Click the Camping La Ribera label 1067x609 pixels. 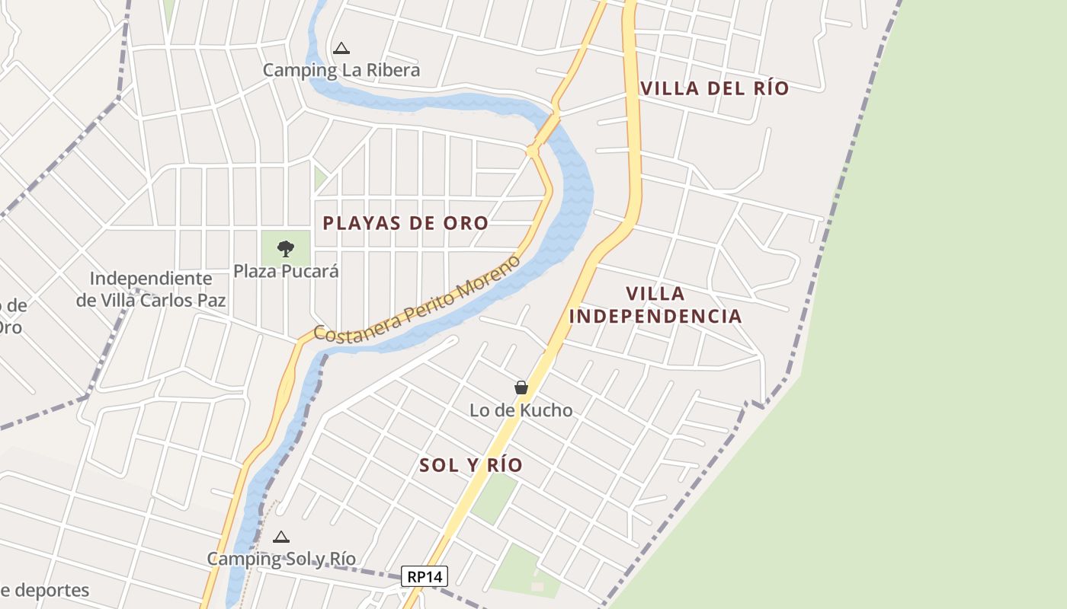(x=341, y=70)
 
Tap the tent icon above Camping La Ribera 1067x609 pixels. (x=341, y=49)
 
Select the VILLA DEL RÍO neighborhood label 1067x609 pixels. (x=714, y=88)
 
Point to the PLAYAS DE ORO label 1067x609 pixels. (x=405, y=223)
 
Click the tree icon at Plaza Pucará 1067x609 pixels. (x=286, y=248)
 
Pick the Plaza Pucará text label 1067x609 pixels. (x=286, y=271)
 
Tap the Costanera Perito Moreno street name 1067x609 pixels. (x=418, y=298)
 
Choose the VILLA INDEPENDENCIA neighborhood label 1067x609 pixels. (x=655, y=304)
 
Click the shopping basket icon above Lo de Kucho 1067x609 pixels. (x=521, y=387)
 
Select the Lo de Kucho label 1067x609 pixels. (x=521, y=410)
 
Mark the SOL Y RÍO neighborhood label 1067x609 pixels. (x=471, y=465)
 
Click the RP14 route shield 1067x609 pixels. (x=425, y=576)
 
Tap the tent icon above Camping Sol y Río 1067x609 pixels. (x=281, y=537)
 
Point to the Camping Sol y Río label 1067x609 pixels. (x=281, y=559)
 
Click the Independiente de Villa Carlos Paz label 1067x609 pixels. (x=151, y=289)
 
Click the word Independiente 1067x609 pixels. (x=151, y=279)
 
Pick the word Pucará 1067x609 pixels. (x=312, y=271)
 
